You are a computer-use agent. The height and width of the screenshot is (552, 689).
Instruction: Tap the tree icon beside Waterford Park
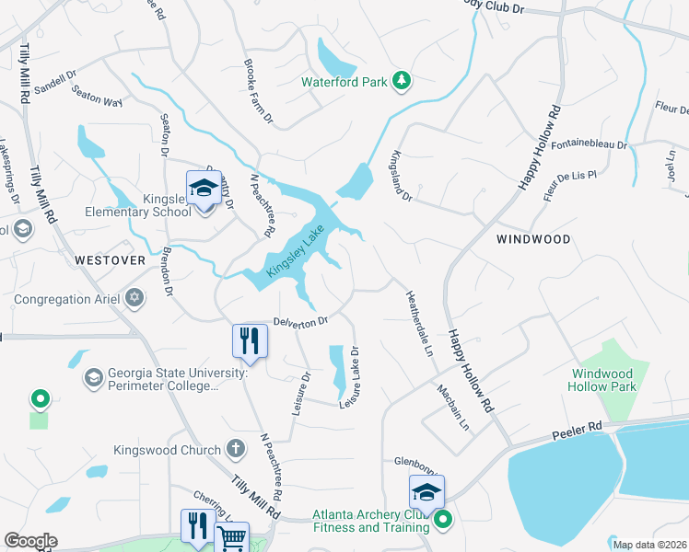401,82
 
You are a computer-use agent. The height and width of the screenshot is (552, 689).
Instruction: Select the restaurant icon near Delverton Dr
249,341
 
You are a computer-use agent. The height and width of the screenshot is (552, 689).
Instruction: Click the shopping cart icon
232,539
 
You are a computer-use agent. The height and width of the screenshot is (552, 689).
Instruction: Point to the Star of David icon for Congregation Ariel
135,297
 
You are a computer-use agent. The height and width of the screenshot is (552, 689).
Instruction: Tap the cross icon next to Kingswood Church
236,450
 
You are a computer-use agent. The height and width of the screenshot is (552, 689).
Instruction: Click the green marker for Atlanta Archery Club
443,521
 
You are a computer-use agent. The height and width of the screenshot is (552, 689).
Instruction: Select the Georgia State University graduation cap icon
93,378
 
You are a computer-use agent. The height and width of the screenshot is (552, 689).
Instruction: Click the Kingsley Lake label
296,255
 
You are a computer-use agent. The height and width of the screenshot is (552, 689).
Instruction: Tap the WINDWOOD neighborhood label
533,239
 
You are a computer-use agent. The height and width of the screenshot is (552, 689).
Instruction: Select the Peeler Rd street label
578,429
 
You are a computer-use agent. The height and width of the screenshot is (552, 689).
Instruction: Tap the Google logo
30,541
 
